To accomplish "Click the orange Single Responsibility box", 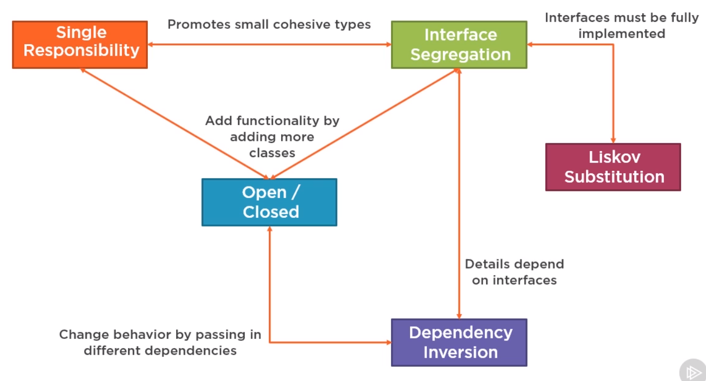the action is coord(80,45).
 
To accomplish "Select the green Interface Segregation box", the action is coord(459,45).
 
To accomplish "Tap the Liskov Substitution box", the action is coord(613,167).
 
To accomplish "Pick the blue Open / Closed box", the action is coord(269,202).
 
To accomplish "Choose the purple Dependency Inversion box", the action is coord(459,342).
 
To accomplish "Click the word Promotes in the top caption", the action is coord(199,25).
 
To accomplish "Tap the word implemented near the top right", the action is coord(622,34).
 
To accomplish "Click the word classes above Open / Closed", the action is coord(272,154).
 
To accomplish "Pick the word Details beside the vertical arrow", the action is coord(489,264).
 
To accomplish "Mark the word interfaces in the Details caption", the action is coord(525,280).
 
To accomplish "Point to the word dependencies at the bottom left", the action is coord(190,351).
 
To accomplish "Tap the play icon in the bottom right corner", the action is coord(693,372).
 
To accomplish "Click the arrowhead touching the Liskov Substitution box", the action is coord(613,141).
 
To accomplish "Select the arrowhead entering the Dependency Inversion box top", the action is coord(459,316).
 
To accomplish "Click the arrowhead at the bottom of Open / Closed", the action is coord(269,228).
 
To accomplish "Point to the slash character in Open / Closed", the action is coord(295,192).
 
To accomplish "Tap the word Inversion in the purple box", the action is coord(460,352).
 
